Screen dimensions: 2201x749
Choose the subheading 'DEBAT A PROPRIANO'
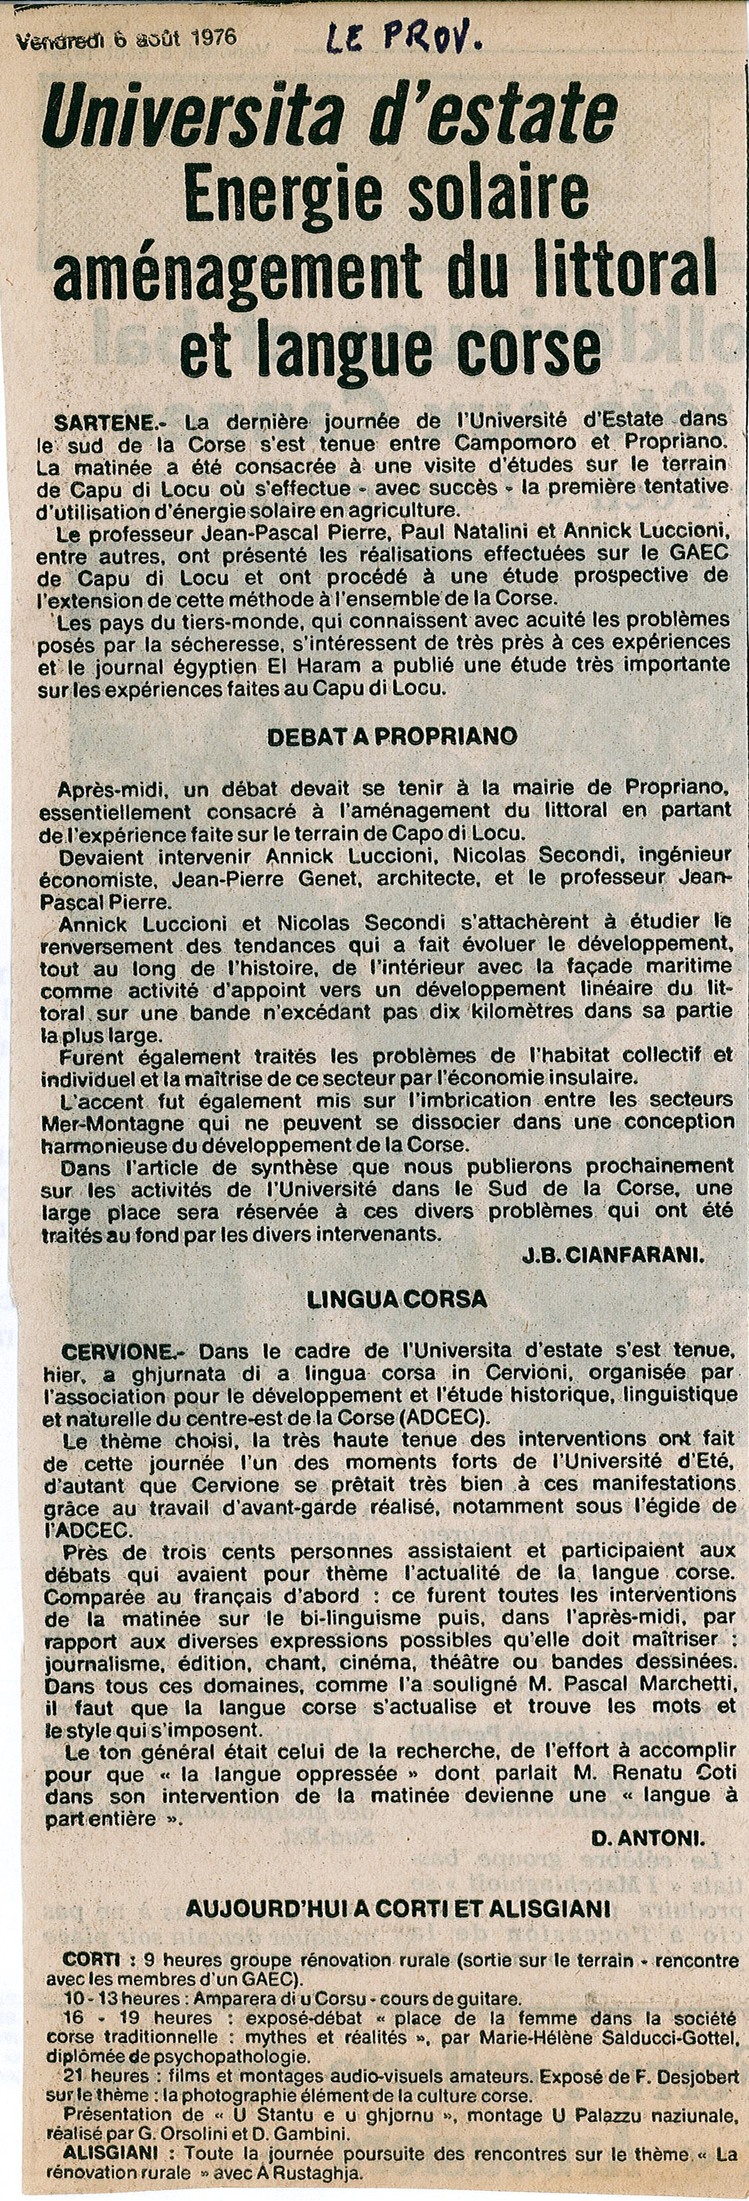[x=392, y=736]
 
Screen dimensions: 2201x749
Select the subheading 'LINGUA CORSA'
[x=397, y=1298]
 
